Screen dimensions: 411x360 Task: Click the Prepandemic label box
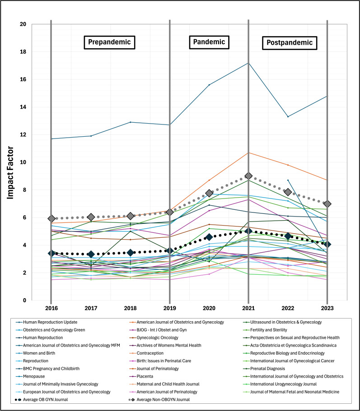(109, 42)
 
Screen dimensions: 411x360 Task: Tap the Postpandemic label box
(289, 43)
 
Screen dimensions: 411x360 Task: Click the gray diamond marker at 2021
(248, 176)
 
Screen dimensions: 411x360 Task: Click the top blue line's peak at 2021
(248, 63)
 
